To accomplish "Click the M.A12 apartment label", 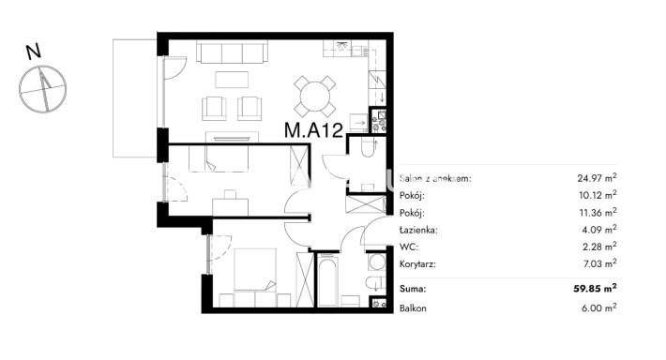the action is click(313, 130).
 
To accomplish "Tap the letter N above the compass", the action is click(34, 52).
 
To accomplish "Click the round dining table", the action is click(315, 97).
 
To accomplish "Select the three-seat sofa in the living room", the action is click(232, 52).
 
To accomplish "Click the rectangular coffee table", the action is click(232, 80).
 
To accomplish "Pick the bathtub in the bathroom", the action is click(327, 279).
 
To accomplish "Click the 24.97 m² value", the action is click(597, 177).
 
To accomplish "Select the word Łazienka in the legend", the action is click(418, 230).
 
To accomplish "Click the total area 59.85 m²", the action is click(595, 288).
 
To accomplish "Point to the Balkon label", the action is click(413, 308).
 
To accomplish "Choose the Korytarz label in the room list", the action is click(418, 264).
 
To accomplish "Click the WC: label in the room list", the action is click(409, 247).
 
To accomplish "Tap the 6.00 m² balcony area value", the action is click(598, 307).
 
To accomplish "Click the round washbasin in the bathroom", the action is click(377, 262).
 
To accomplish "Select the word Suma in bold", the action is click(413, 289).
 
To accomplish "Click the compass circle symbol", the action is click(43, 89).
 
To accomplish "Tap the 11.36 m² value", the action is click(598, 212).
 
